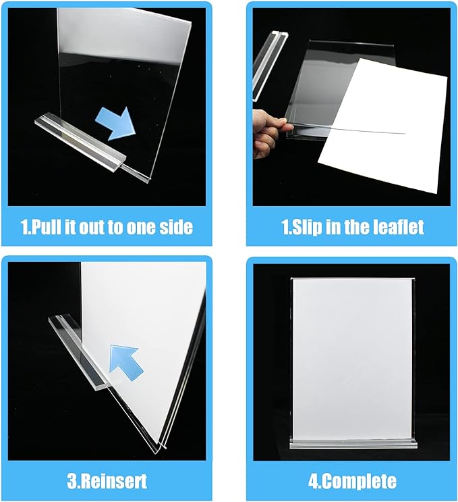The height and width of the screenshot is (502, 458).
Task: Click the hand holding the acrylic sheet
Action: [x=268, y=131]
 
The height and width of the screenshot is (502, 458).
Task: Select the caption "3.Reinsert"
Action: [x=106, y=482]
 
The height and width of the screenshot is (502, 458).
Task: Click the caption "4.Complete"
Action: [x=351, y=482]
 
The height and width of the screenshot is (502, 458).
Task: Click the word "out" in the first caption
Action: [x=103, y=227]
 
